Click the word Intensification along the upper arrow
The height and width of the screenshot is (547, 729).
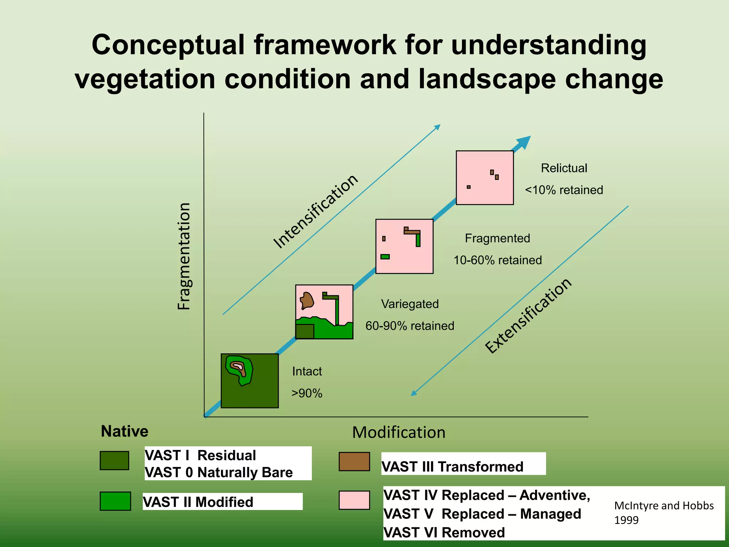click(316, 212)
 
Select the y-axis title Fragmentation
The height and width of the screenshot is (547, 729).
click(184, 256)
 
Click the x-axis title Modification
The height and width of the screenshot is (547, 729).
click(399, 432)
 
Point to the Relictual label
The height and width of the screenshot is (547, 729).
click(564, 168)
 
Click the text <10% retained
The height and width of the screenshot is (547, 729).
click(564, 190)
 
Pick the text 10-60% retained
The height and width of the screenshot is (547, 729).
click(497, 260)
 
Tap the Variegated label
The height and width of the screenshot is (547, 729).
click(410, 304)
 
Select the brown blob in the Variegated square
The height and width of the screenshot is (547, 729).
click(306, 300)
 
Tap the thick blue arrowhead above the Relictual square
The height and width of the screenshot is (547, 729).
click(523, 142)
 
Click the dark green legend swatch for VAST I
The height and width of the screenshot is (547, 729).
click(114, 460)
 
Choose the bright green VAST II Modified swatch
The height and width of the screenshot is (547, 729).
click(115, 501)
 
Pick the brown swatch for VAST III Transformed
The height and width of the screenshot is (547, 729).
click(354, 462)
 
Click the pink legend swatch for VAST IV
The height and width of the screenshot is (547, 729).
click(354, 500)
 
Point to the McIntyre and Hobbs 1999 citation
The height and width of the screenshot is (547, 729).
click(664, 512)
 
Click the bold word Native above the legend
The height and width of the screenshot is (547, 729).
click(125, 431)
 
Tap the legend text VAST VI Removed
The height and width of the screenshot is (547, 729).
click(444, 532)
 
